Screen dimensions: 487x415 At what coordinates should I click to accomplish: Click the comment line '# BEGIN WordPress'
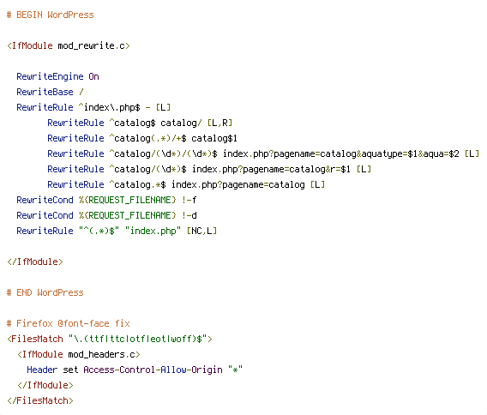51,15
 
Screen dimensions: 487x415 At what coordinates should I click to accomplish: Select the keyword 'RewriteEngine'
50,76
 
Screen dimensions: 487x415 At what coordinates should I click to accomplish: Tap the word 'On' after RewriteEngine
93,76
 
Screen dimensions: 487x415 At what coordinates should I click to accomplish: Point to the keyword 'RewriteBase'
45,92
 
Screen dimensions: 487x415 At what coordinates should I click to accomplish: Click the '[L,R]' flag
219,123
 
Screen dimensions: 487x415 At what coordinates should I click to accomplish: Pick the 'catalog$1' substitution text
214,138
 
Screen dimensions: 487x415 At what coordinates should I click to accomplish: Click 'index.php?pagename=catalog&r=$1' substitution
271,169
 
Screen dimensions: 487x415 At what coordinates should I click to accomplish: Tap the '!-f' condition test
189,200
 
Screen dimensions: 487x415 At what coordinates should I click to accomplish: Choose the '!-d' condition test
189,215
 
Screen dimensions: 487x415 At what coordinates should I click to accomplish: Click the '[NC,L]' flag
201,231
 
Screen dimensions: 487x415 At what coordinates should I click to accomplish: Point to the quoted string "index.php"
153,231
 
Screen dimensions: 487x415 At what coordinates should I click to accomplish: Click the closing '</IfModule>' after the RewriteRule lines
35,262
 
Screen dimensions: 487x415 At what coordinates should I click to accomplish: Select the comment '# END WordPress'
45,292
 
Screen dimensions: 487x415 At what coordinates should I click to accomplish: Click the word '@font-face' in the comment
83,323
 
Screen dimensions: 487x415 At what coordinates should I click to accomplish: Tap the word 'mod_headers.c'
101,354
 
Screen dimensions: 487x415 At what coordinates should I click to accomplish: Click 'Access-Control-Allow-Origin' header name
153,370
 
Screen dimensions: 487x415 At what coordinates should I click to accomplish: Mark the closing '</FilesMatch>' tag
40,400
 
